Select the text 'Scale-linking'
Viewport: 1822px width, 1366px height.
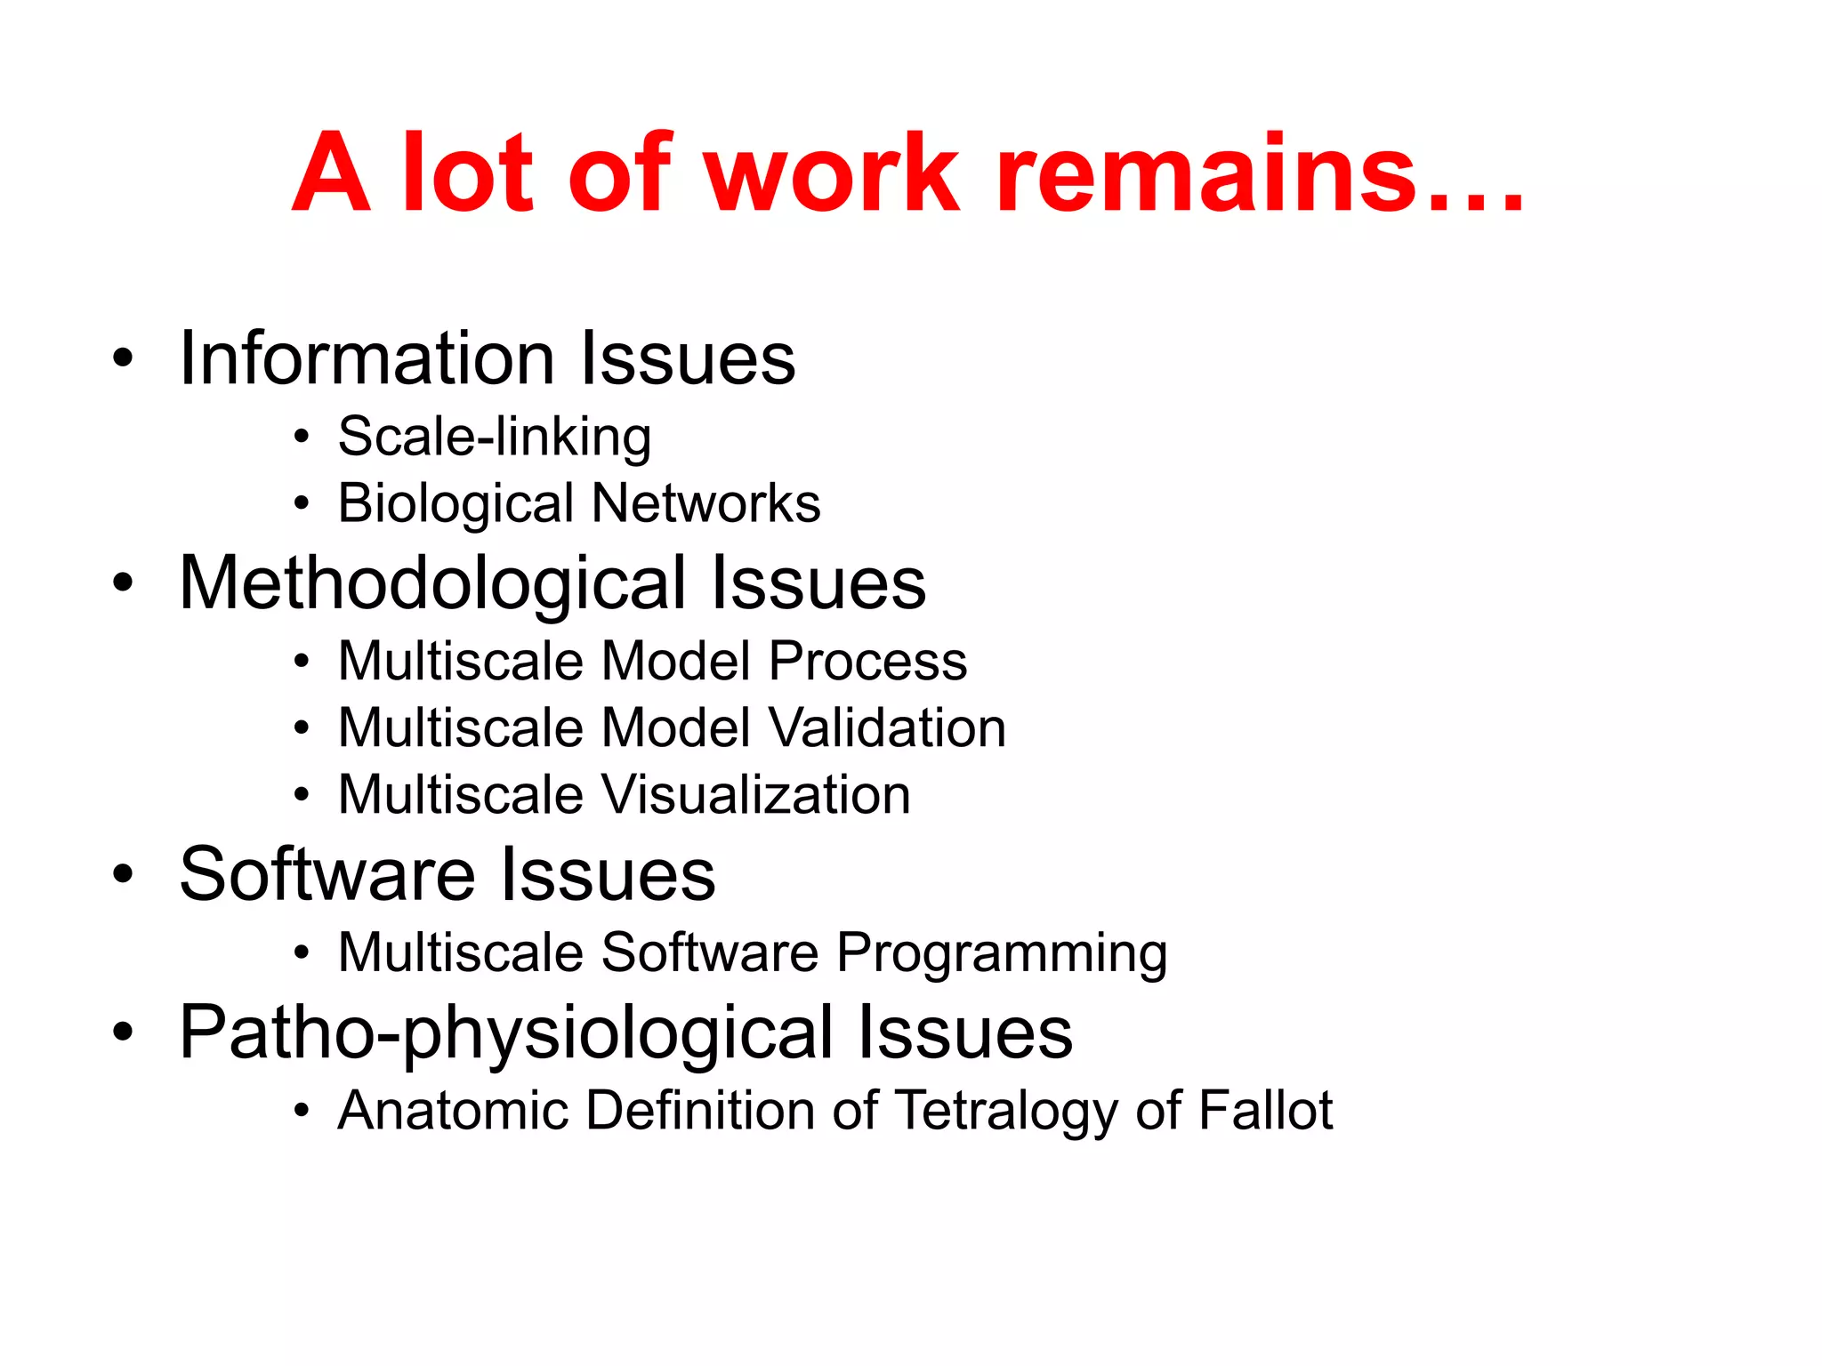tap(495, 438)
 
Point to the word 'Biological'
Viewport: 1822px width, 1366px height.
tap(455, 504)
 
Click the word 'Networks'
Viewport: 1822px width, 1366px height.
tap(706, 504)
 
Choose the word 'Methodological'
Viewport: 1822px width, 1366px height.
tap(432, 584)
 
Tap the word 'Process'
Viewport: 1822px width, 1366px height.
tap(867, 662)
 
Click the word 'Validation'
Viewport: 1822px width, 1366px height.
tap(887, 728)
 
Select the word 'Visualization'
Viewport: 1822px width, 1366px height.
tap(757, 794)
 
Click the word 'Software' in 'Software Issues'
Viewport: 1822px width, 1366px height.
tap(327, 874)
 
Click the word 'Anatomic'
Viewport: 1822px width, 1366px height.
tap(453, 1111)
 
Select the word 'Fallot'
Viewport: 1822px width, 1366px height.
tap(1265, 1111)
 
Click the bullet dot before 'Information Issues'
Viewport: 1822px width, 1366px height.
tap(123, 358)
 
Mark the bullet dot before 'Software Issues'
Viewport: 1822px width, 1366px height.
tap(123, 874)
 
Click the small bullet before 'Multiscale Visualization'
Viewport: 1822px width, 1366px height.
tap(302, 795)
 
